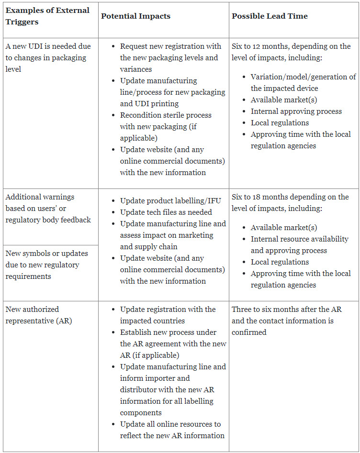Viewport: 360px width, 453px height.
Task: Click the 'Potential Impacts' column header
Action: (135, 16)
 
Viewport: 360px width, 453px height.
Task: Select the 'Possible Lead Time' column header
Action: (270, 16)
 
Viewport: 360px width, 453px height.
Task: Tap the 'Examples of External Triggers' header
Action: (47, 16)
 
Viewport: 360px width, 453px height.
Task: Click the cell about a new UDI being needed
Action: (48, 58)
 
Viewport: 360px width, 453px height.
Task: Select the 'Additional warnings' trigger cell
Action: (48, 208)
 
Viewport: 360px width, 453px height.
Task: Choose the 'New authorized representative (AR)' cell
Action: (39, 315)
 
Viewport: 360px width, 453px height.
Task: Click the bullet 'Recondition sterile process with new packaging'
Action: (166, 127)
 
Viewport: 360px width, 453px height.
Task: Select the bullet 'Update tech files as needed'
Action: (166, 212)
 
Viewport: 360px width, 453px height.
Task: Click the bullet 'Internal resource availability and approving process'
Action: (299, 245)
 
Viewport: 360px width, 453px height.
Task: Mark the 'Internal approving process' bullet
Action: (296, 111)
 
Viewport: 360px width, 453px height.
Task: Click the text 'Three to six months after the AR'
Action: (286, 309)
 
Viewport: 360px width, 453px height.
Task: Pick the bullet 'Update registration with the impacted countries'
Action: (168, 315)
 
